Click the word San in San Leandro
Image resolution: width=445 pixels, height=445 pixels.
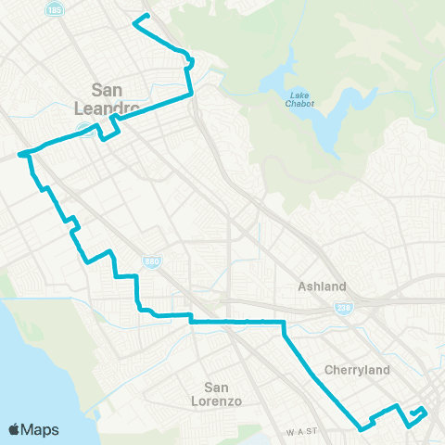[x=108, y=90]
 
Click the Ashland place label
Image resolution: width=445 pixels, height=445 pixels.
[x=322, y=286]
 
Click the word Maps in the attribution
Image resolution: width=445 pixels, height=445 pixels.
[x=42, y=429]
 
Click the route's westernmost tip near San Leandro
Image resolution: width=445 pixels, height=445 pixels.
[x=19, y=155]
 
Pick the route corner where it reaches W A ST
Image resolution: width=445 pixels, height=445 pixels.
[x=362, y=428]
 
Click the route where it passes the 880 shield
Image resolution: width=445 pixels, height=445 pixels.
[x=138, y=276]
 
